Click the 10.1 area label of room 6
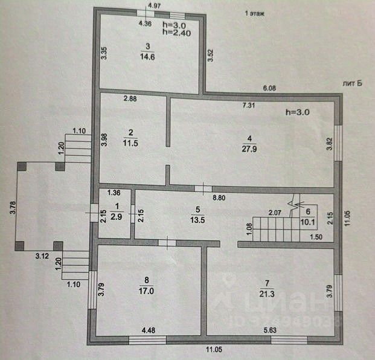(x=308, y=220)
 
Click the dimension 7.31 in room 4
(x=249, y=106)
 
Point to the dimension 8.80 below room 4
(x=219, y=197)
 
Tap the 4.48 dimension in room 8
(x=149, y=330)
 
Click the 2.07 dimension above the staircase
(x=276, y=213)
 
